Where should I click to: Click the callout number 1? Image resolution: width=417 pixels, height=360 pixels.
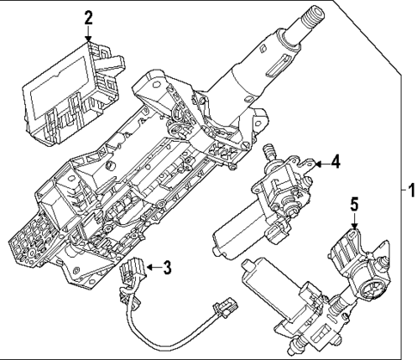tap(409, 188)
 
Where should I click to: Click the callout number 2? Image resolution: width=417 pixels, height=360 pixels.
tap(87, 16)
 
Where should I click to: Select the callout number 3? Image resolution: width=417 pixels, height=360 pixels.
tap(168, 267)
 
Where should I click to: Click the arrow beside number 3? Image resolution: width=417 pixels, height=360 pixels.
tap(153, 267)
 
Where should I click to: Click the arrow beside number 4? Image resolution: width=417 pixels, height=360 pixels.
tap(320, 161)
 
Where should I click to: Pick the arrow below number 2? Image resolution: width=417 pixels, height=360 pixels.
tap(87, 32)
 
